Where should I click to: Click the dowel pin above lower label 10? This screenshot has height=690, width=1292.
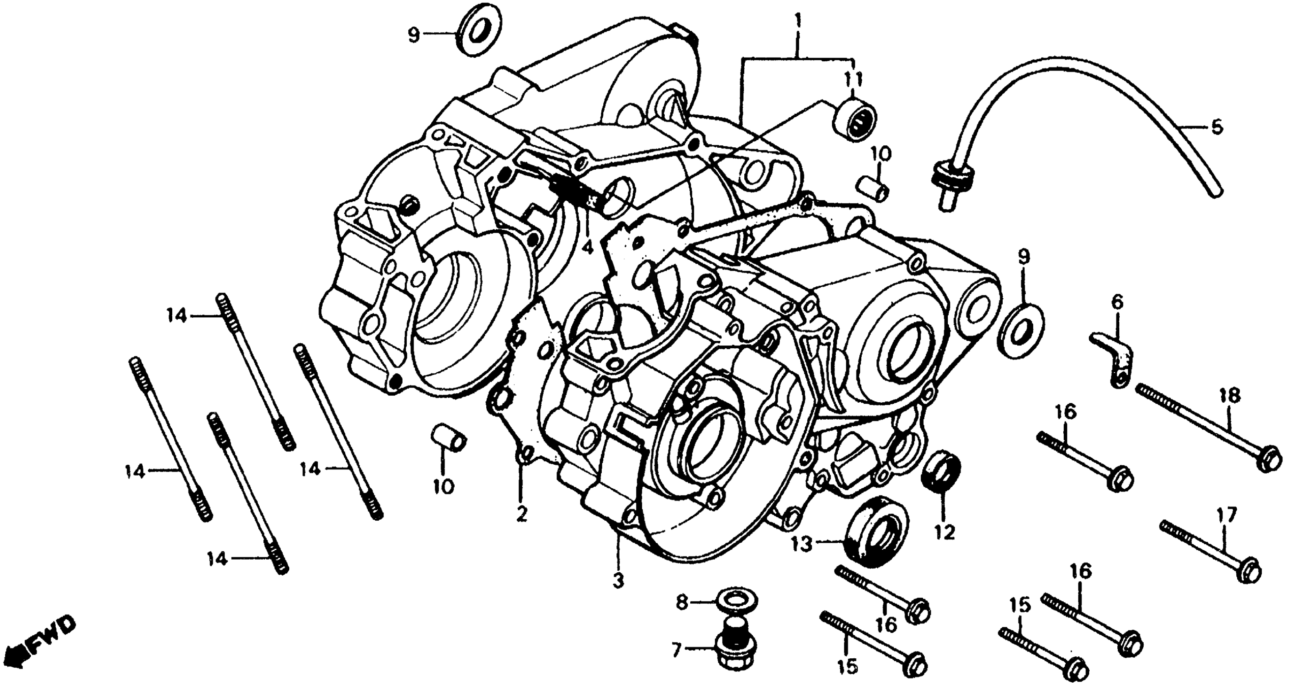(449, 438)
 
